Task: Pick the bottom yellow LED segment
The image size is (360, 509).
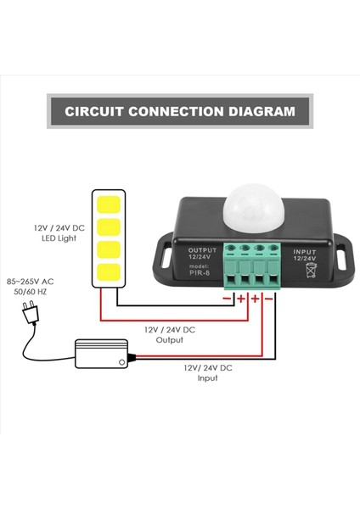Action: click(107, 271)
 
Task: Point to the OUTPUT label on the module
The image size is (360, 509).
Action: click(203, 250)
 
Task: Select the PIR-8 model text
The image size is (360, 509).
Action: click(203, 274)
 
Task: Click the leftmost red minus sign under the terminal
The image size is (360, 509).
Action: click(227, 298)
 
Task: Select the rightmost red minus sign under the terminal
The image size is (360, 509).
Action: click(268, 298)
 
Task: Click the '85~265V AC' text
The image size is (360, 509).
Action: click(30, 281)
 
